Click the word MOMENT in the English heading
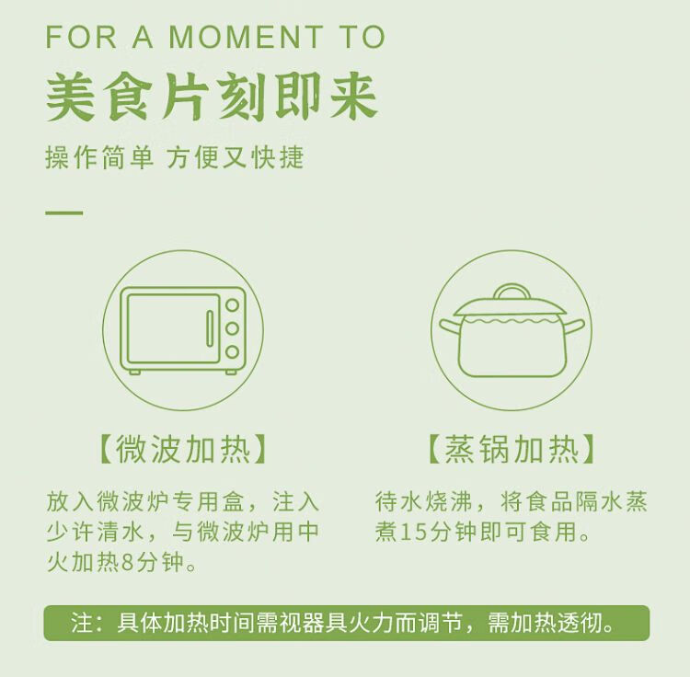click(x=246, y=37)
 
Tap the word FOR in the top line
click(x=81, y=37)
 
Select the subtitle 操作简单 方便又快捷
click(x=175, y=157)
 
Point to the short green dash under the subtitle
click(x=64, y=213)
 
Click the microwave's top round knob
click(x=232, y=304)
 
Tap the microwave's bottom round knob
click(x=232, y=351)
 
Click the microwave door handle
click(x=210, y=328)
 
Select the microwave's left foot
click(x=134, y=373)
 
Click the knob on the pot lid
click(x=512, y=292)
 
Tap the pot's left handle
click(x=450, y=327)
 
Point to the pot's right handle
click(x=574, y=327)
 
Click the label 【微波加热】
click(x=183, y=449)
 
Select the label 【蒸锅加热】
click(x=512, y=449)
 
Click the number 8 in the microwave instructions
click(x=127, y=562)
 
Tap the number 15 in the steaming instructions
click(x=414, y=532)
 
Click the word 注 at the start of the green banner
click(x=81, y=623)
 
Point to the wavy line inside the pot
click(x=512, y=322)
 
